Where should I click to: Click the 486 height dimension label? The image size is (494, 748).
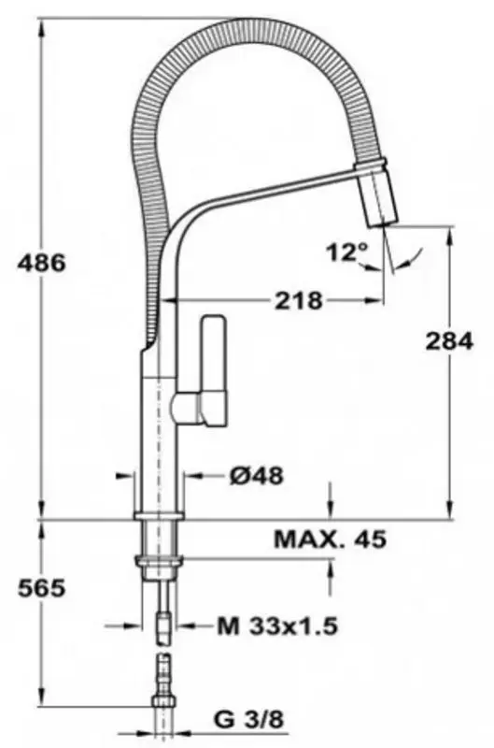(41, 263)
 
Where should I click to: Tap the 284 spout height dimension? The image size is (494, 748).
(449, 340)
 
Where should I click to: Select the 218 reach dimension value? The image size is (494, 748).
(299, 300)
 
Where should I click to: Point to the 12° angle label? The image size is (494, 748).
(347, 252)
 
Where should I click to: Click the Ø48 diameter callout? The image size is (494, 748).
(256, 475)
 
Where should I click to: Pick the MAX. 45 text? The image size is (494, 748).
(331, 539)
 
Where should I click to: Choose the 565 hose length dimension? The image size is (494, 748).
(41, 588)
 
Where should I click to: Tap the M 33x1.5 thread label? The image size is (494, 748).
(277, 626)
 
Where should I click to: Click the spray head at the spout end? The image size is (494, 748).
(379, 195)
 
